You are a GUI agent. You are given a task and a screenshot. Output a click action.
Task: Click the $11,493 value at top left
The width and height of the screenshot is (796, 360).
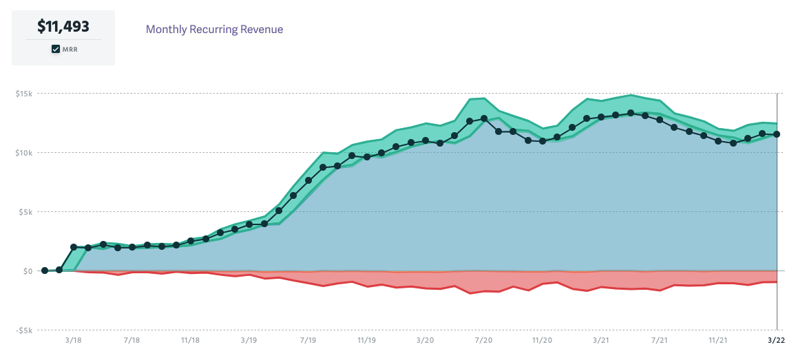[x=63, y=27]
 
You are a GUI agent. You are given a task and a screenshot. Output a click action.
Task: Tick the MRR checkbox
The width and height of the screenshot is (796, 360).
[x=56, y=50]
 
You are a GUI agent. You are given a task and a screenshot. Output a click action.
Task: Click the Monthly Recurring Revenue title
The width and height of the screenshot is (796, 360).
[x=214, y=29]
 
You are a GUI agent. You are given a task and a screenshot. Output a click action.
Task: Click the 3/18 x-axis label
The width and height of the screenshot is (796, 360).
[x=74, y=340]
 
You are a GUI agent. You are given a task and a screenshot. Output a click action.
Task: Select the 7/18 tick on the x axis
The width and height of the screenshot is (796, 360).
[x=132, y=340]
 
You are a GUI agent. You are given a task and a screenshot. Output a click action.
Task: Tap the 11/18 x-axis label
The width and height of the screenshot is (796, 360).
[x=191, y=340]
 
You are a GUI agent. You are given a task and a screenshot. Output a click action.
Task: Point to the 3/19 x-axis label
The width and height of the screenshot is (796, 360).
[x=249, y=340]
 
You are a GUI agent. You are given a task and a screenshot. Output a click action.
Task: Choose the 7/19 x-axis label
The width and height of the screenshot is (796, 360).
[x=308, y=340]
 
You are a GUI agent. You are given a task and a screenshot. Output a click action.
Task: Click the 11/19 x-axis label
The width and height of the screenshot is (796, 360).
[x=366, y=340]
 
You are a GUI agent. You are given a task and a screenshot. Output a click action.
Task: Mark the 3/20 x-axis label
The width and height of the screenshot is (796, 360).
[x=425, y=340]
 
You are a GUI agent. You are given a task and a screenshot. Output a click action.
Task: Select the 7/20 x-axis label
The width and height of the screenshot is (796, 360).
[x=483, y=340]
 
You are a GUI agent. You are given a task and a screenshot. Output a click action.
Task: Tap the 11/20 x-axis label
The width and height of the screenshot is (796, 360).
[x=542, y=340]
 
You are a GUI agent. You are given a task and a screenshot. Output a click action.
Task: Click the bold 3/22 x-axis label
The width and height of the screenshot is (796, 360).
[x=776, y=340]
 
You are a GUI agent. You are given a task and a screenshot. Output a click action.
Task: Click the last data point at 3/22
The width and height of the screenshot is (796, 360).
[x=777, y=134]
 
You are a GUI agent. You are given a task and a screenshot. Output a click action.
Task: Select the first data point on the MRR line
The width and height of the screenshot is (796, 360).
[x=45, y=271]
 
